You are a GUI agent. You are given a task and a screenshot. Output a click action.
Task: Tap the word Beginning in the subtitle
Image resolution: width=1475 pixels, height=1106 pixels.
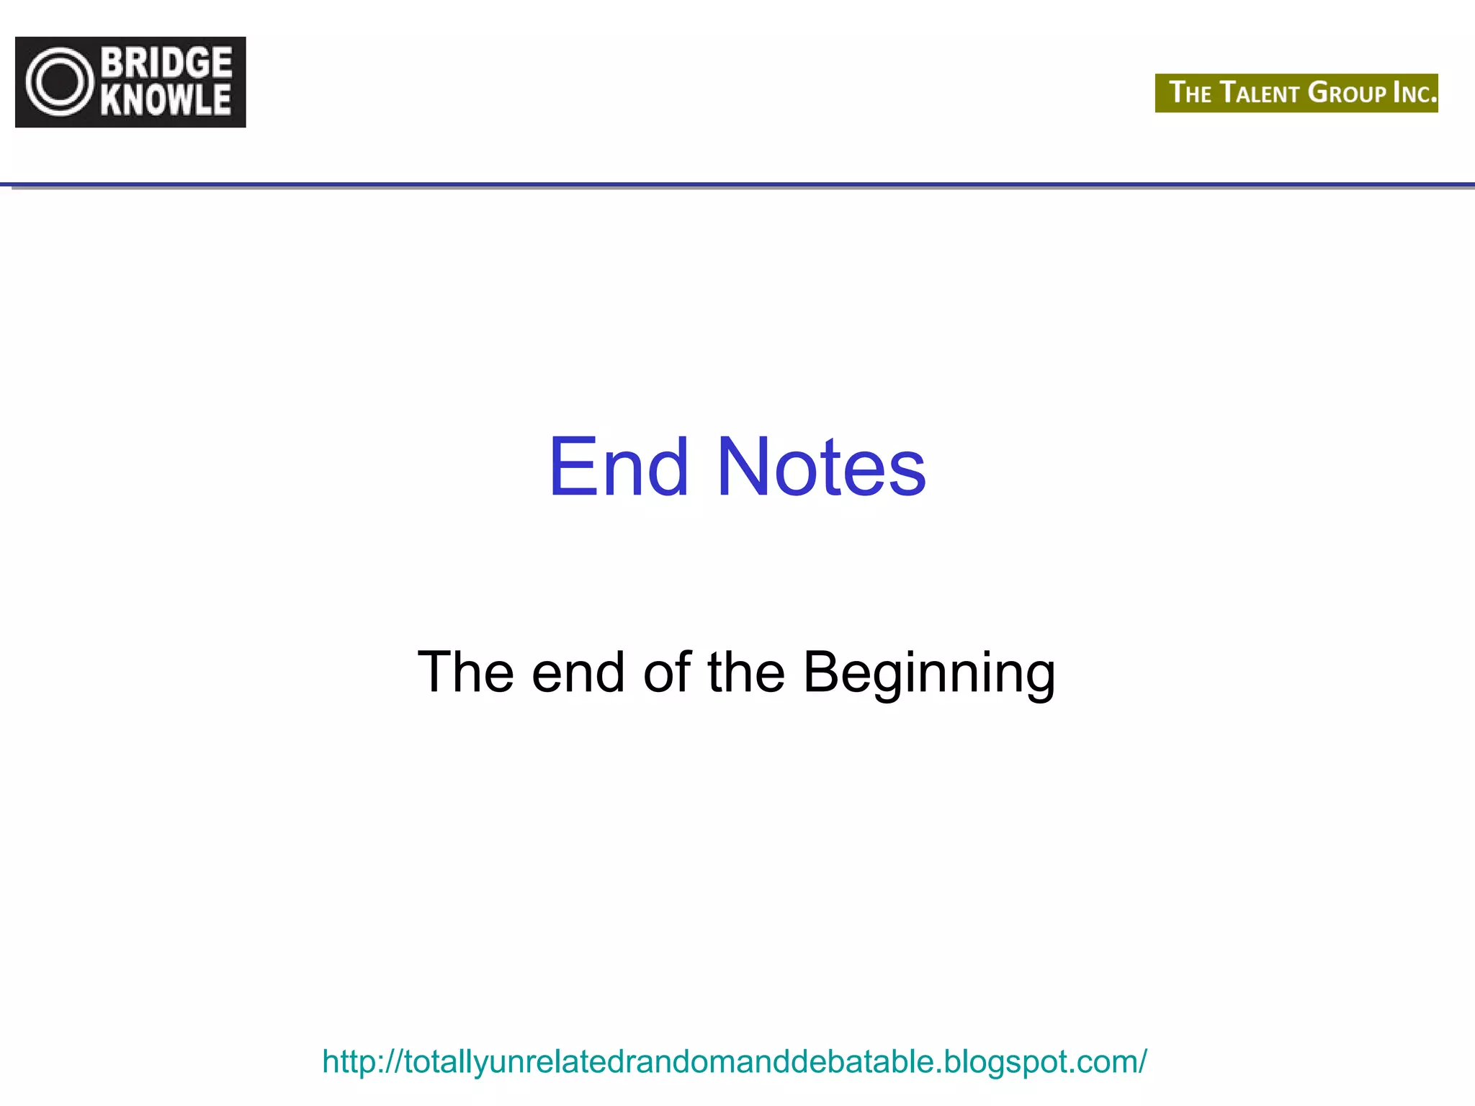click(x=929, y=673)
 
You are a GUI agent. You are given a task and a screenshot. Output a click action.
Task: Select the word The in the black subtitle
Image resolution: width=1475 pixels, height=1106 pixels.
click(x=465, y=673)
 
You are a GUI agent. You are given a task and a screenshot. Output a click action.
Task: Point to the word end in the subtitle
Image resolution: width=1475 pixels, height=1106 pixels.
click(x=578, y=673)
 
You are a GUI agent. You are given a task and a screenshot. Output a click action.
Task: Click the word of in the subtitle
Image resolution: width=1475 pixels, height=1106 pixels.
click(x=667, y=673)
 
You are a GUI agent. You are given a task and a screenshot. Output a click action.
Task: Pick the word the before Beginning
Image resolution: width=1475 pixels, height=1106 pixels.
click(x=745, y=673)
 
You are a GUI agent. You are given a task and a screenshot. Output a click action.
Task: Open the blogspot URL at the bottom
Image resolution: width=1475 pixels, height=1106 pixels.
click(x=734, y=1061)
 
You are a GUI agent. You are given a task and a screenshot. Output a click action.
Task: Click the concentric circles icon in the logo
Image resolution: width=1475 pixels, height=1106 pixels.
click(x=60, y=82)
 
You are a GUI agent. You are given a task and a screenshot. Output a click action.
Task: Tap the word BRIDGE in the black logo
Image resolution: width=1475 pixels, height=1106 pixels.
click(x=166, y=63)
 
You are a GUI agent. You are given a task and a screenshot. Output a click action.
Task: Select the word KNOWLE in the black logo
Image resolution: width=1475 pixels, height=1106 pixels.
click(x=166, y=100)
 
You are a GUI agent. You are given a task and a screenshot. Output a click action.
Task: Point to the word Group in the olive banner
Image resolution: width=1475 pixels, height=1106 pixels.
click(x=1347, y=93)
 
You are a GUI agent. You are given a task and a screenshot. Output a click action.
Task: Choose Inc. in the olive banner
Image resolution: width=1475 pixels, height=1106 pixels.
click(x=1415, y=93)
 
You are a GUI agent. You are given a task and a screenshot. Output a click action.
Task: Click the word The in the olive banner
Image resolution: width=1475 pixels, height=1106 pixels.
click(x=1190, y=93)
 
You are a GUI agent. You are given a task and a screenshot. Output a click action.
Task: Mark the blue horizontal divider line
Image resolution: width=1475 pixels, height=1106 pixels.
click(x=737, y=186)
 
